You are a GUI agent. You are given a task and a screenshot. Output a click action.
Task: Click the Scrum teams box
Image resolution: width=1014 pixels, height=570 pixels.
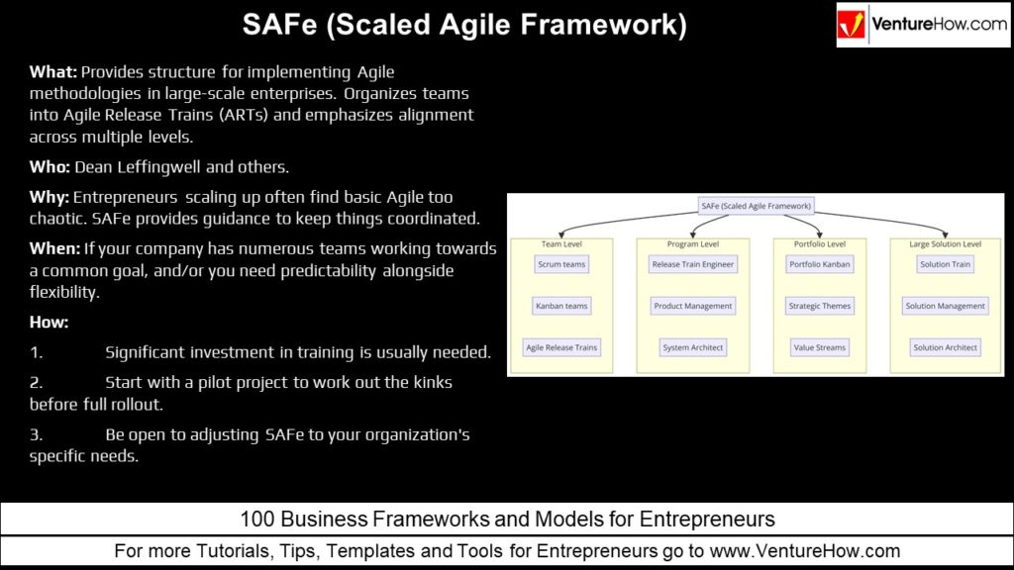tap(561, 264)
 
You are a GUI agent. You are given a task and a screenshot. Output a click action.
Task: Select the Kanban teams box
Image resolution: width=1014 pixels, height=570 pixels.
tap(561, 306)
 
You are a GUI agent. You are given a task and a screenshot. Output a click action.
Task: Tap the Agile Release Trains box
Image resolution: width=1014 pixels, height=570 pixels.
tap(561, 347)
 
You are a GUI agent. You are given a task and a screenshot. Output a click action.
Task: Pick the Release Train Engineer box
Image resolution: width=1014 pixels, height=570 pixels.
tap(692, 264)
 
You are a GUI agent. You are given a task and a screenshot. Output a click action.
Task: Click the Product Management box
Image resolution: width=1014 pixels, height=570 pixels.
tap(692, 306)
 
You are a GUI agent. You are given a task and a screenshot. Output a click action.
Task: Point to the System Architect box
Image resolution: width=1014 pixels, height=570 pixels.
tap(692, 347)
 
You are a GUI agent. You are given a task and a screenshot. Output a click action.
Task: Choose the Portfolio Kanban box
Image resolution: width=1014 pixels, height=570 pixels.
tap(819, 264)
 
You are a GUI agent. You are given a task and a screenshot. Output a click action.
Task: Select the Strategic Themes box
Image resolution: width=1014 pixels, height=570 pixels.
tap(819, 306)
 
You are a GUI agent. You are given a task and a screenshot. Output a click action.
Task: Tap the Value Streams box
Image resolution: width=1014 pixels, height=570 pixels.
tap(819, 347)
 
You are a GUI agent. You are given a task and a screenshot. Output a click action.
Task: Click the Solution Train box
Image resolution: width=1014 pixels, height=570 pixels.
tap(945, 264)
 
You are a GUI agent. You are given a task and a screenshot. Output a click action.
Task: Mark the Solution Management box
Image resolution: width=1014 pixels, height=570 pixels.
tap(945, 306)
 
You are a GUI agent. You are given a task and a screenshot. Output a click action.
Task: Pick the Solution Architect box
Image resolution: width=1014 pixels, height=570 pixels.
tap(945, 347)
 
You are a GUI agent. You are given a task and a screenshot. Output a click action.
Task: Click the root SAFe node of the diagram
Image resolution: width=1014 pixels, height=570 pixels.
tap(756, 206)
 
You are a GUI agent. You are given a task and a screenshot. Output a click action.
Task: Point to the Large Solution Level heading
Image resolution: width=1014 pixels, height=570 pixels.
tap(945, 243)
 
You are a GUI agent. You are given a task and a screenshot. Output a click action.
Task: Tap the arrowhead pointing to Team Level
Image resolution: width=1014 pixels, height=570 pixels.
tap(561, 234)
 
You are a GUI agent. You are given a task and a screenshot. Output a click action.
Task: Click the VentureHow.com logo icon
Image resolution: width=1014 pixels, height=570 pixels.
tap(851, 25)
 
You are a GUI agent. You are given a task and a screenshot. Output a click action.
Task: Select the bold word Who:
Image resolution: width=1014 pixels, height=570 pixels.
tap(50, 166)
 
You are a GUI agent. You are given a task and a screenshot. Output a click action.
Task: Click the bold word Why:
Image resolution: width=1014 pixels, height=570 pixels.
tap(50, 197)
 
